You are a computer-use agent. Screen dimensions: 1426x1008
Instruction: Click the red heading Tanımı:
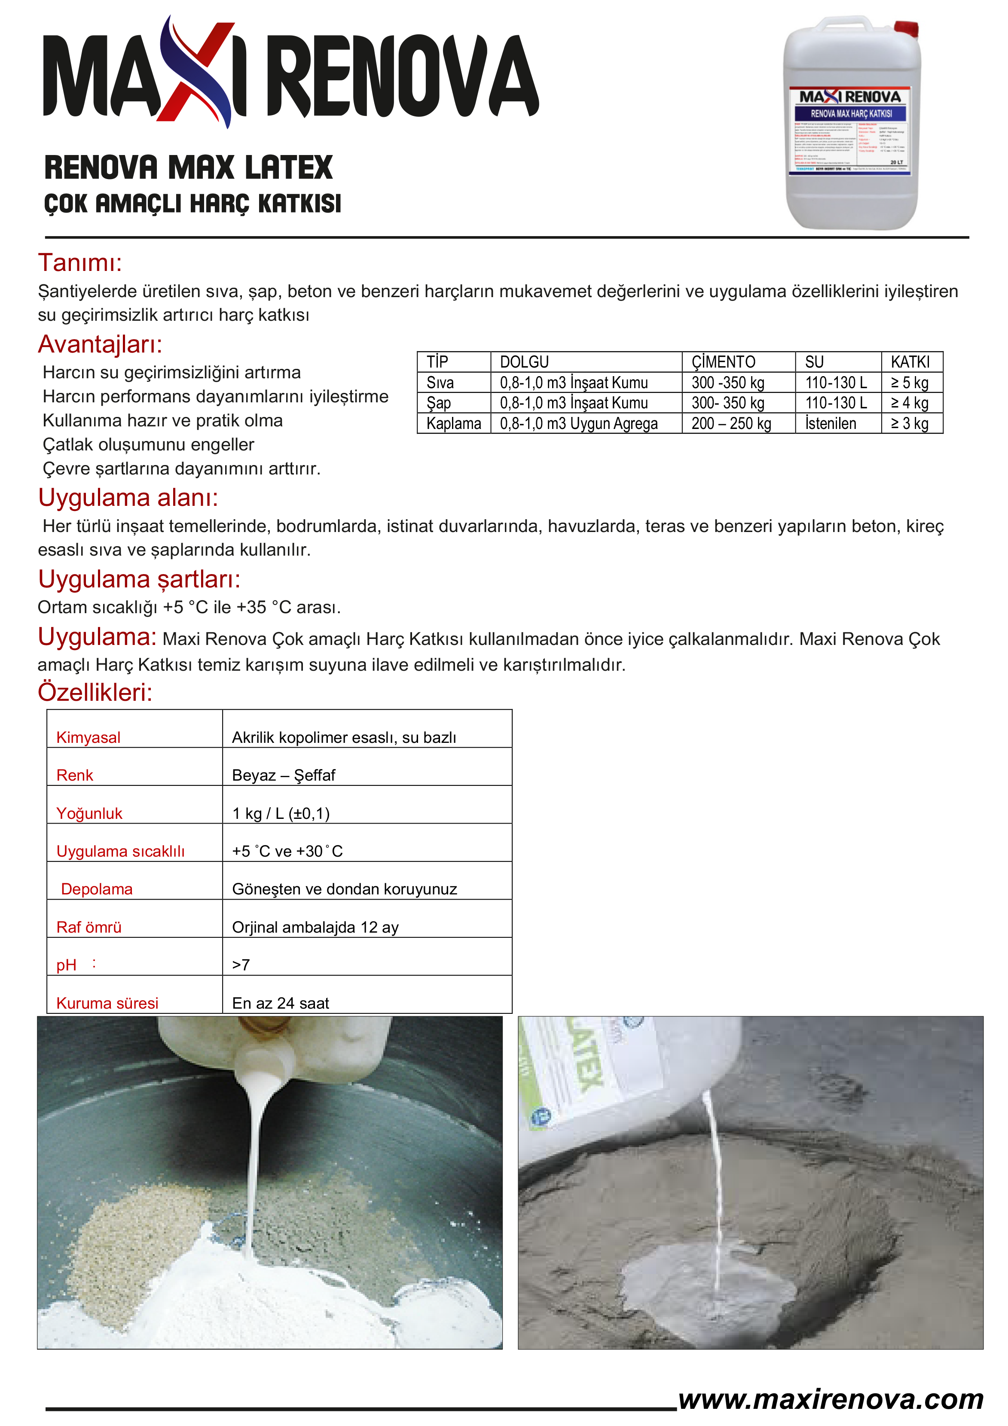(79, 263)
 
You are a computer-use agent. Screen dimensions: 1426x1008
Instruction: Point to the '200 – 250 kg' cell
(731, 423)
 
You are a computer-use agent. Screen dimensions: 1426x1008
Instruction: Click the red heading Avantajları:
(99, 344)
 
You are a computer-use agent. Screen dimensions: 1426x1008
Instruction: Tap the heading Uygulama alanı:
(128, 498)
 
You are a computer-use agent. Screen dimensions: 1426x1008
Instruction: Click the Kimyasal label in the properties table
(88, 737)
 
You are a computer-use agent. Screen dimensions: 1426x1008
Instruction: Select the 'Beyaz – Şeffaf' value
(284, 775)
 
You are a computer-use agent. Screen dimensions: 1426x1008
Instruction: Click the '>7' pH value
(241, 964)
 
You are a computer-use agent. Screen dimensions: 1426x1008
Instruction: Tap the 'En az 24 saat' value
(280, 1003)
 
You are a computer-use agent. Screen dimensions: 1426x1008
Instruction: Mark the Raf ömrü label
(89, 927)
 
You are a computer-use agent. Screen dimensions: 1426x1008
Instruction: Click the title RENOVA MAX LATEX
(188, 168)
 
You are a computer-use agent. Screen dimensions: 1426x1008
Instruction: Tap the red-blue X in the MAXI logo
(196, 71)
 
